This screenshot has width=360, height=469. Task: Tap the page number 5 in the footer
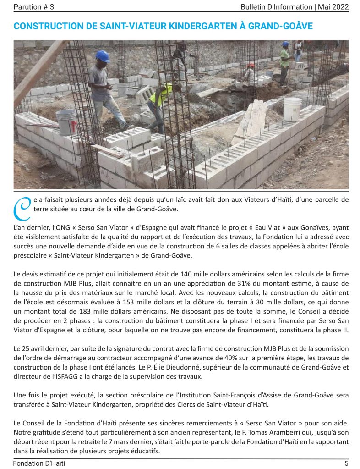[346, 463]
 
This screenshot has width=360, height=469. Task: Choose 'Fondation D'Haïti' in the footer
[39, 463]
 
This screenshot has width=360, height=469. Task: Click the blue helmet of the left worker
[103, 56]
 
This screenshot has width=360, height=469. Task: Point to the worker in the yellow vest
[160, 103]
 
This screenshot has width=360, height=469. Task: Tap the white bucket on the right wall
[292, 109]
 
